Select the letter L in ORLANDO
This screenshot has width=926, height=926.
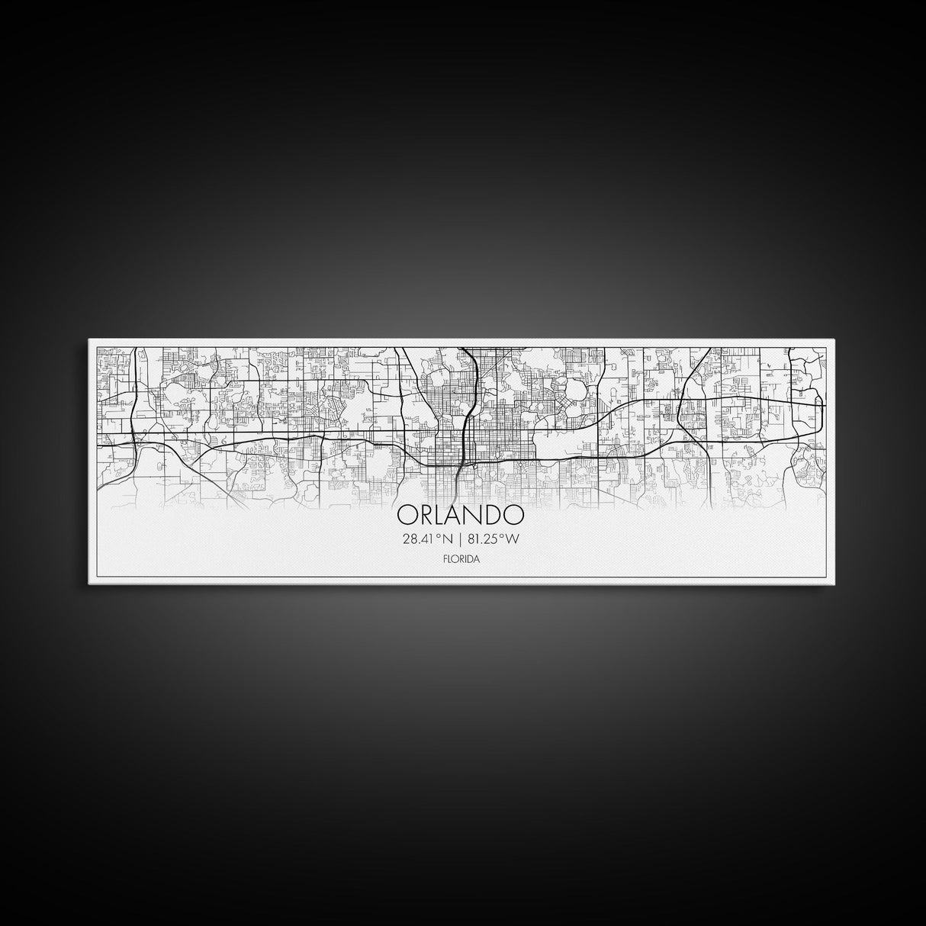[x=442, y=515]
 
